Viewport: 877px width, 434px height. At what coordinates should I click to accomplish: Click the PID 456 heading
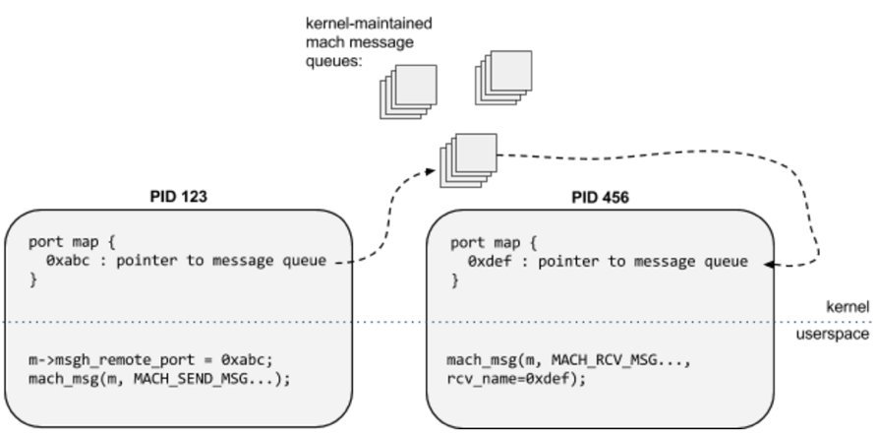click(x=600, y=197)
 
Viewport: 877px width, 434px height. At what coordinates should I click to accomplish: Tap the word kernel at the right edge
click(x=848, y=307)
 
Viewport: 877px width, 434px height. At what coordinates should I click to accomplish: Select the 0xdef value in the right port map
click(x=487, y=262)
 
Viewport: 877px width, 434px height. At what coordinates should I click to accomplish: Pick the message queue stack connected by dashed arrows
click(x=469, y=156)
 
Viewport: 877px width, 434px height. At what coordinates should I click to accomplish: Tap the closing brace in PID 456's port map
click(x=454, y=281)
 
